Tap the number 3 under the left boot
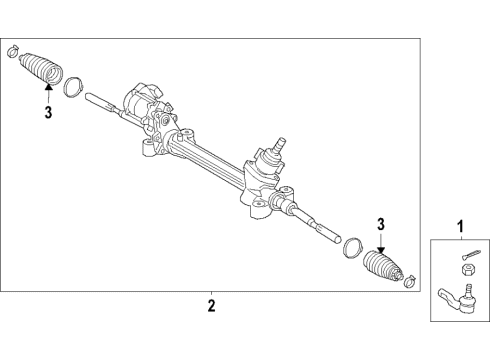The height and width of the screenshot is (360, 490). coord(47,113)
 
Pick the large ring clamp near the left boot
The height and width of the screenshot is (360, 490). coord(73,86)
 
